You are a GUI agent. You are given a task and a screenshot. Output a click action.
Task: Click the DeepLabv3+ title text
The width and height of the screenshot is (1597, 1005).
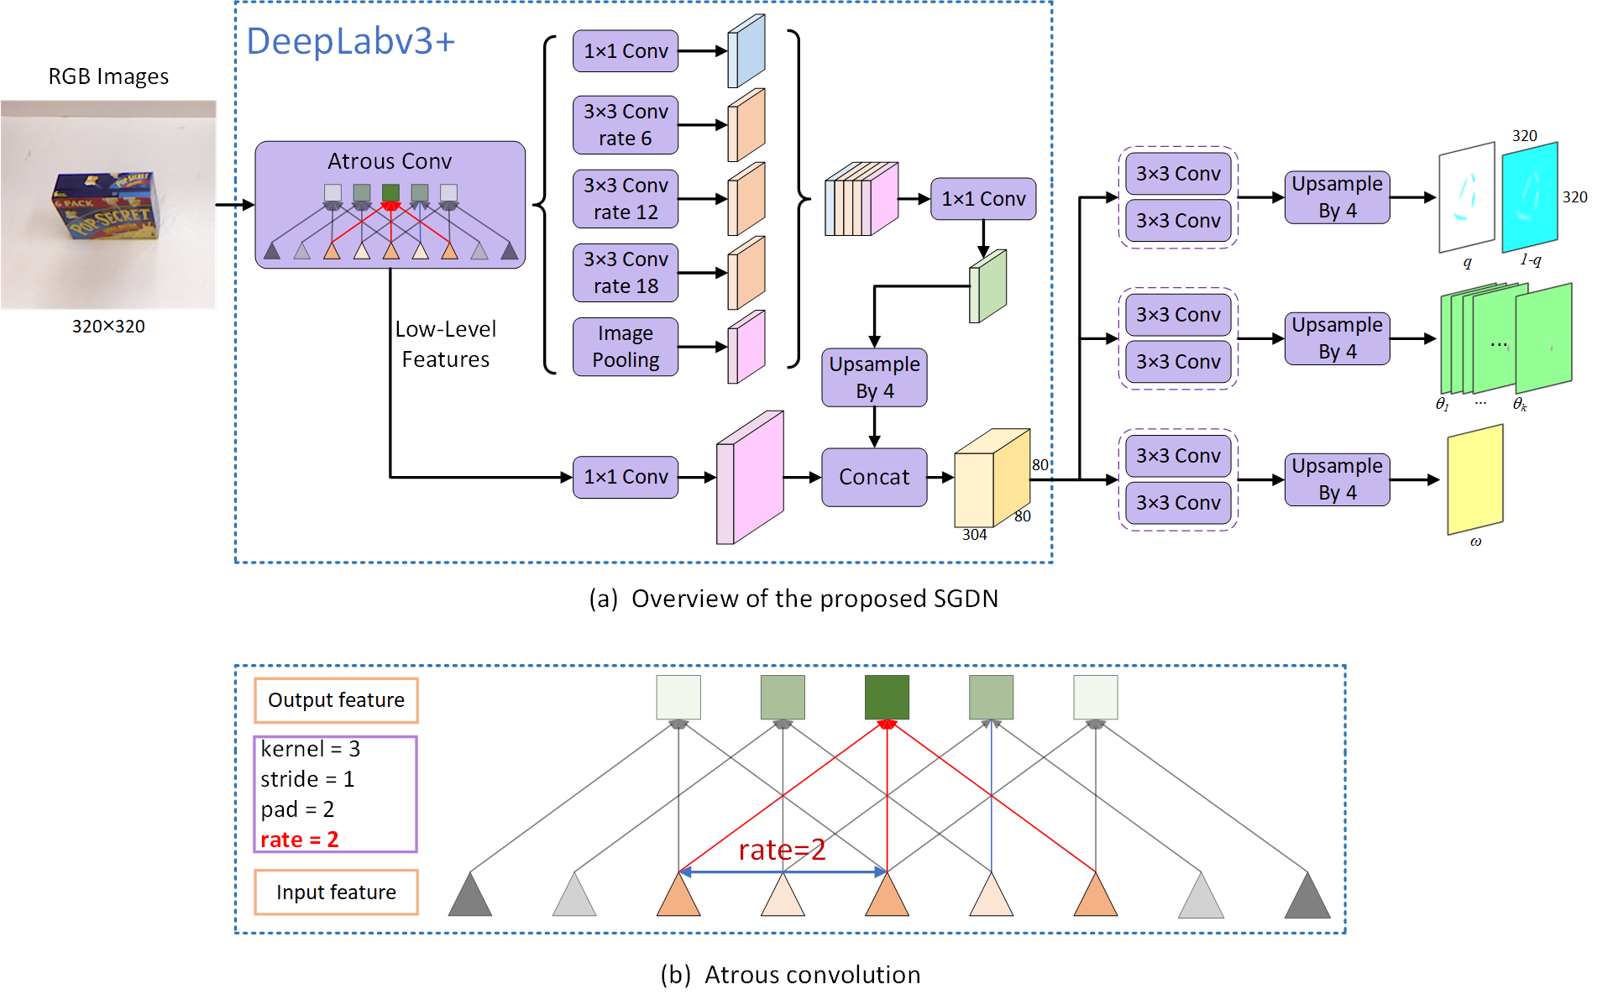350,41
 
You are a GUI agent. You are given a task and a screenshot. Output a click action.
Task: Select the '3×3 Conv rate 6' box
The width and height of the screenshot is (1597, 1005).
626,125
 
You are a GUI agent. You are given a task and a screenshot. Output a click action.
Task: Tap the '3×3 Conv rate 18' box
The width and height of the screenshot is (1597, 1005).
626,273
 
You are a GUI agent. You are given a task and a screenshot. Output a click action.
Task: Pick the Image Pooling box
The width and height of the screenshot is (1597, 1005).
626,347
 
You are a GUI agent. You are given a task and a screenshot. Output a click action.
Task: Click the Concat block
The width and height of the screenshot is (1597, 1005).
874,477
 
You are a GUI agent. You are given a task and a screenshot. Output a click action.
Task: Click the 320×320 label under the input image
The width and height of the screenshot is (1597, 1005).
108,327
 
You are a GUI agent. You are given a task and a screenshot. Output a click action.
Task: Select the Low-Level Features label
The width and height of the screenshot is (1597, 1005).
446,344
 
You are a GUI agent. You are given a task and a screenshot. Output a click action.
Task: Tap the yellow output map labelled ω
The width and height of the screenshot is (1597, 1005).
1475,479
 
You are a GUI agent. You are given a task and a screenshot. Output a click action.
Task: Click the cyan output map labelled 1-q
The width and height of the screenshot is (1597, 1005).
1530,197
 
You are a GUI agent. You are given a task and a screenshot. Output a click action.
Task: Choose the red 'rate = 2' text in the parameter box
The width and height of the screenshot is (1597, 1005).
300,840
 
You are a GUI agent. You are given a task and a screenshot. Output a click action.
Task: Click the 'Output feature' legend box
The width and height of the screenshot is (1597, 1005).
336,700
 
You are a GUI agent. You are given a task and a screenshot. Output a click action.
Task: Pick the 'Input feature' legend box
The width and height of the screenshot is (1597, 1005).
336,892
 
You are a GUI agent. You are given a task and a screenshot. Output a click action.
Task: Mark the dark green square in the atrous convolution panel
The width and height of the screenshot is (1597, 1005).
887,697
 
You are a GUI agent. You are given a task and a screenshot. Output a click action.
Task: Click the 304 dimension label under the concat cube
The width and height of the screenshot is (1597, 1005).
974,535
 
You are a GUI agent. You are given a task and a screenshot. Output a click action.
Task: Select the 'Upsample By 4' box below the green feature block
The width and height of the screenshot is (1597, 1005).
874,378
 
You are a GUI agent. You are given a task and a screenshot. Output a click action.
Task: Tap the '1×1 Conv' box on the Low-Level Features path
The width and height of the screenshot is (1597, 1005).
626,477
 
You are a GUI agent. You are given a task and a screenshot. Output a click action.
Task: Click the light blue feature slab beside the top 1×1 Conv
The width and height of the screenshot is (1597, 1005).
746,51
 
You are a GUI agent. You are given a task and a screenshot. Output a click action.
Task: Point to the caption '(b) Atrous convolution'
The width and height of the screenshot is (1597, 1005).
790,975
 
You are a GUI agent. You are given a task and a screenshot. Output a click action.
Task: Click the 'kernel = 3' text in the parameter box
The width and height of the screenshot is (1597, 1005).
310,749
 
